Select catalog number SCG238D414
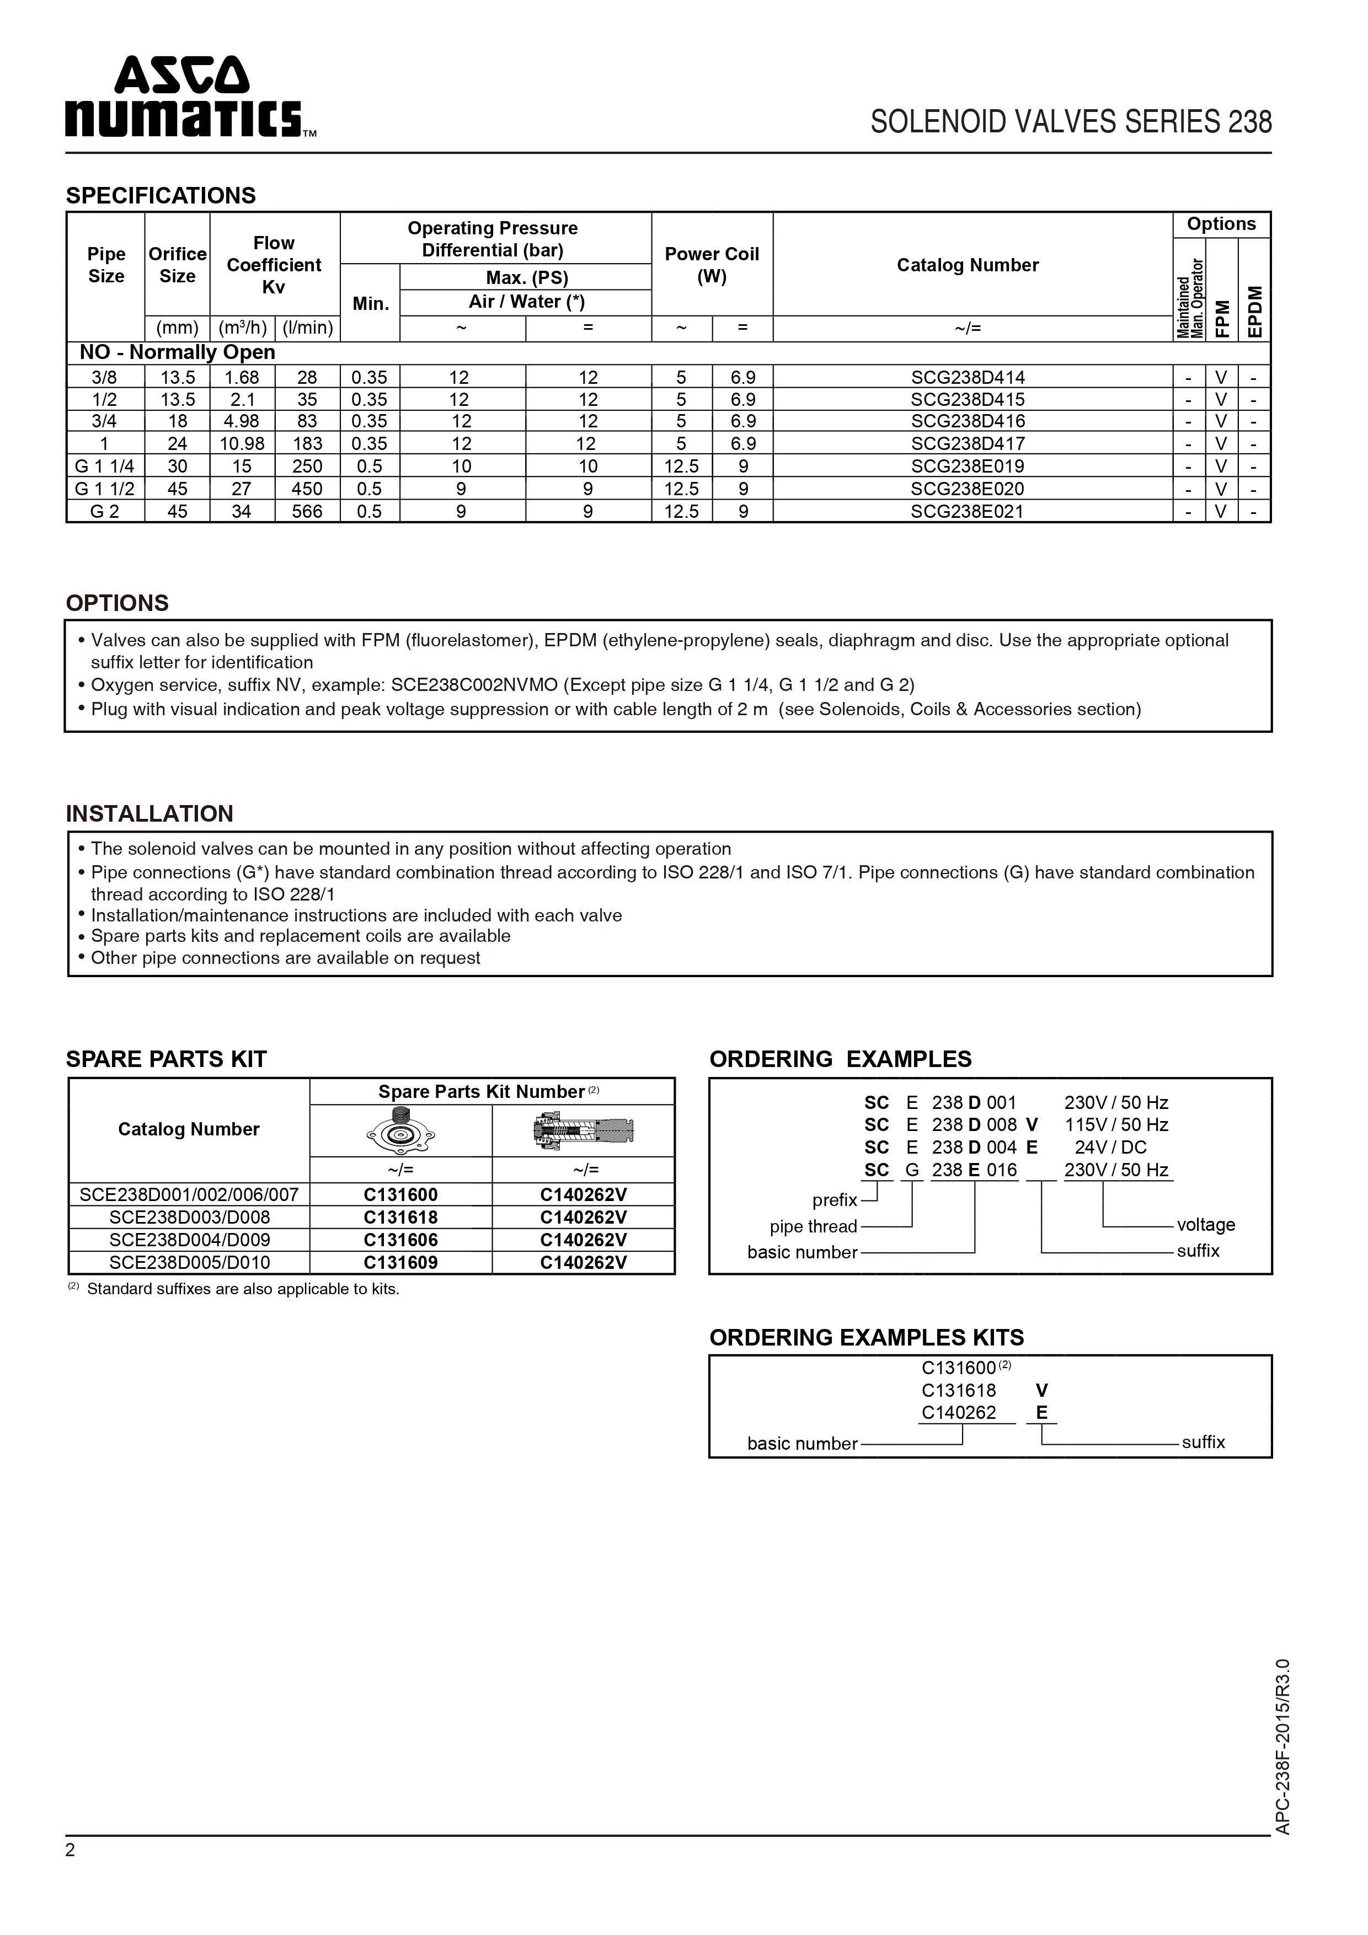967,378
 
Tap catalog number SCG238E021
967,512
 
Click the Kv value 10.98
242,444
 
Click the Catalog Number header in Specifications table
967,265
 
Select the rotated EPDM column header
1255,312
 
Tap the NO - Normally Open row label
177,352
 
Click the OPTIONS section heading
117,603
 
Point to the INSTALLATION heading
149,814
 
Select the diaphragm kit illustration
400,1131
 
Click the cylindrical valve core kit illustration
583,1131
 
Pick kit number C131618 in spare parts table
400,1218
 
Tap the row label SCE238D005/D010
189,1262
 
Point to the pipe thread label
813,1227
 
